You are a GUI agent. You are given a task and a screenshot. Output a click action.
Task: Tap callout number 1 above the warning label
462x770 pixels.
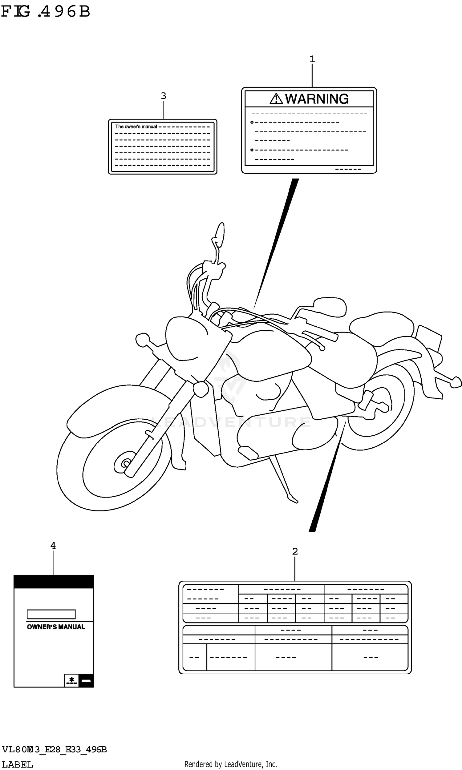312,58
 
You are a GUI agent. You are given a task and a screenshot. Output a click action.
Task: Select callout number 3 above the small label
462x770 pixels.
164,96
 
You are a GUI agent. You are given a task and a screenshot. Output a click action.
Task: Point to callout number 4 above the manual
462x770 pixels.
53,554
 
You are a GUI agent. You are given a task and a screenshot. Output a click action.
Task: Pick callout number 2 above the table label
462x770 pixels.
295,560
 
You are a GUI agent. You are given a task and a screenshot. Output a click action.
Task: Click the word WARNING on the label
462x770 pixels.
317,99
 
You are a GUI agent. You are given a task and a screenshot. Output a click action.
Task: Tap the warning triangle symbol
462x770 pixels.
276,99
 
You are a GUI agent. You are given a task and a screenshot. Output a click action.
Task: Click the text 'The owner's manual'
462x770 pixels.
136,127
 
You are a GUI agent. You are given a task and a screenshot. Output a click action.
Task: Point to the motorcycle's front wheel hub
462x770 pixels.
125,464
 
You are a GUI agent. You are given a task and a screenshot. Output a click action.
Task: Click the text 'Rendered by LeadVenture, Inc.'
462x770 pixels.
231,762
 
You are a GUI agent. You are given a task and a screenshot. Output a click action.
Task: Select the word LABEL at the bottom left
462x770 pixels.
18,762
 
